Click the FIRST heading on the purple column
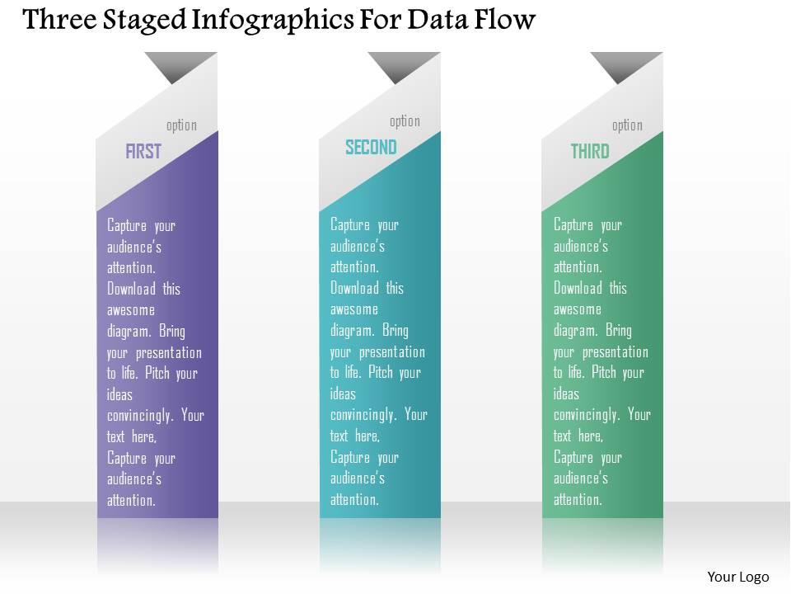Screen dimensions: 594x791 [x=143, y=151]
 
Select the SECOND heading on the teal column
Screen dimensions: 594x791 [x=371, y=147]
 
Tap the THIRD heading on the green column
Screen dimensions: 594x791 [x=590, y=151]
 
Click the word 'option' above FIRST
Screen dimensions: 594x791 [x=181, y=125]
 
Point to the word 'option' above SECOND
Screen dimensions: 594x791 [x=405, y=121]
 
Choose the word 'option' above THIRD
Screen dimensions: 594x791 [x=627, y=125]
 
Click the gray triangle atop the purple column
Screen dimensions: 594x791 [x=179, y=64]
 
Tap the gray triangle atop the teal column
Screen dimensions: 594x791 [x=402, y=64]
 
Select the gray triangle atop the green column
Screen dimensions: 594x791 [x=625, y=64]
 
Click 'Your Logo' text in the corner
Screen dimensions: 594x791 [x=738, y=577]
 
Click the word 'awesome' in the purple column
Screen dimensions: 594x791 [x=131, y=310]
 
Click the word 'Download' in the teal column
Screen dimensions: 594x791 [x=355, y=288]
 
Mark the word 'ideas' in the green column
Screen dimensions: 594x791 [x=566, y=394]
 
